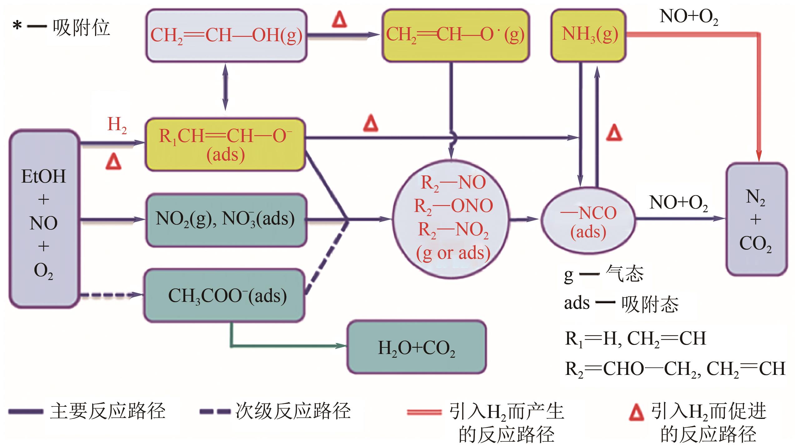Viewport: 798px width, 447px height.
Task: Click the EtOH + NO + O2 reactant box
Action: click(44, 219)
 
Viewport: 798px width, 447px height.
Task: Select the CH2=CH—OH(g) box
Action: click(226, 35)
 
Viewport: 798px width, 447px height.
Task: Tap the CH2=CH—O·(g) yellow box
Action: click(455, 35)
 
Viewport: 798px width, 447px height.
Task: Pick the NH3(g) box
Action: click(589, 35)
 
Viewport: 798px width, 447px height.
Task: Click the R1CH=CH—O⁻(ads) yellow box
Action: click(225, 144)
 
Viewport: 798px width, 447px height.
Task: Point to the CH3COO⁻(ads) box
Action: click(224, 295)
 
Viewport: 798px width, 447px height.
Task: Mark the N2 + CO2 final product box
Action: click(756, 219)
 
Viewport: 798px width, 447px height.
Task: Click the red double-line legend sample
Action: click(424, 412)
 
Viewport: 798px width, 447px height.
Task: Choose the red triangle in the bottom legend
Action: click(636, 413)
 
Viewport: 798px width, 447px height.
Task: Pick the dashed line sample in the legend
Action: click(215, 412)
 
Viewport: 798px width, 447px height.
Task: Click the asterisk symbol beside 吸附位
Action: click(17, 26)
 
